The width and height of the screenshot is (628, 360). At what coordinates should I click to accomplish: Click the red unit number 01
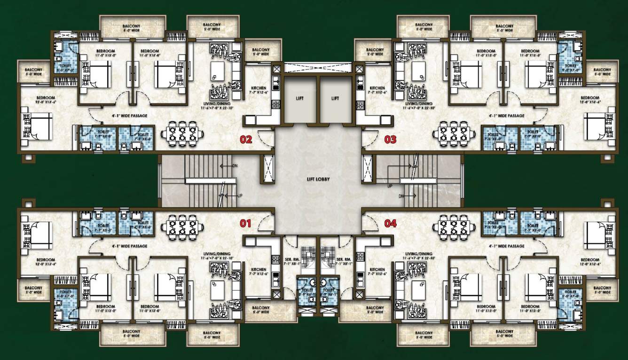point(246,224)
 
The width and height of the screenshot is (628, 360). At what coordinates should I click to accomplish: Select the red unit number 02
point(246,140)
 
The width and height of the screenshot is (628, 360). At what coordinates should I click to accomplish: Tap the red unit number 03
point(391,140)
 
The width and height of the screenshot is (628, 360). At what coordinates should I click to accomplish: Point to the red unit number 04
point(391,224)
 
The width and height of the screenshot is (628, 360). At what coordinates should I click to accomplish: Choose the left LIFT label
point(300,99)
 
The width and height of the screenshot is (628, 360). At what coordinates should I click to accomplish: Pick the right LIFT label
point(335,99)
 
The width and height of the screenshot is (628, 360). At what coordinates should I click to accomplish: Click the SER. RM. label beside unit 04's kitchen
point(343,260)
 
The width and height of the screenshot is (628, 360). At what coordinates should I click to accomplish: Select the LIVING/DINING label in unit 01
point(217,255)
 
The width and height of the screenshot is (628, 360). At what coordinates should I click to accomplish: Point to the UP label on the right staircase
point(390,186)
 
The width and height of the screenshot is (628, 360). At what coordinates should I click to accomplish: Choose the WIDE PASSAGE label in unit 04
point(507,246)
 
